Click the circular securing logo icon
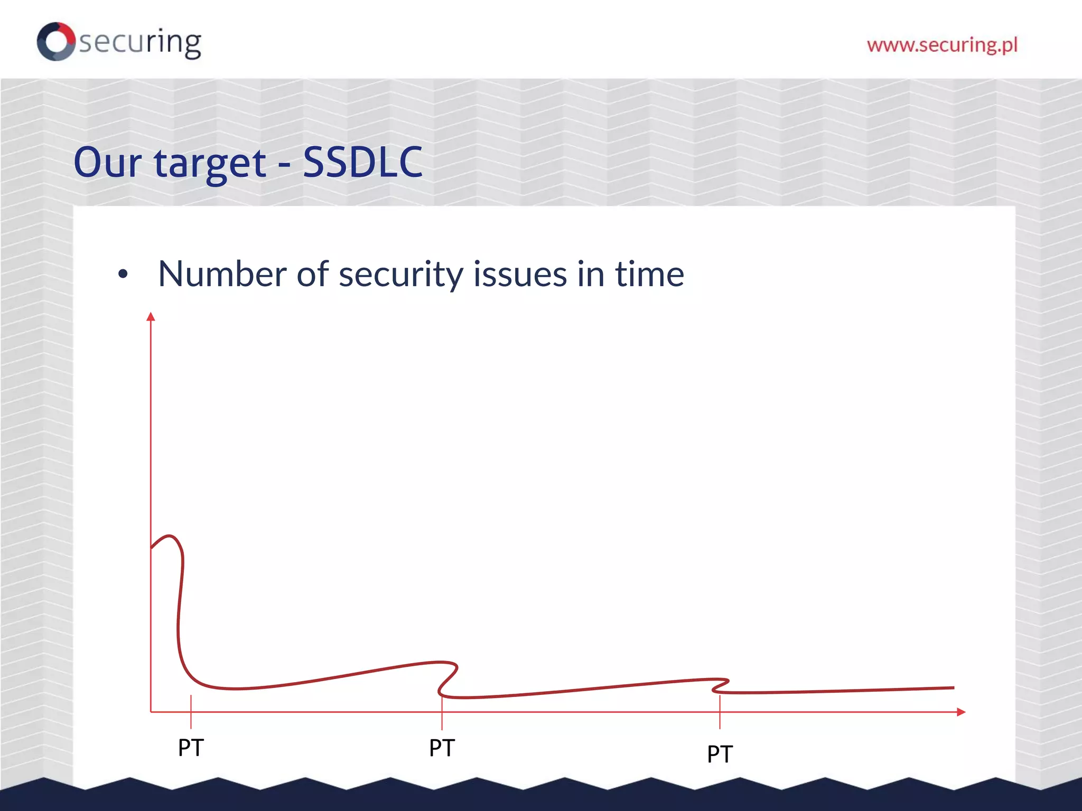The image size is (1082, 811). coord(56,41)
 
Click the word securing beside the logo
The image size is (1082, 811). coord(140,42)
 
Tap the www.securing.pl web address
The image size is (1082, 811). coord(942,45)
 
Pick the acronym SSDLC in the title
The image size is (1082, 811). coord(362,162)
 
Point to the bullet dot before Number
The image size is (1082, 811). coord(123,274)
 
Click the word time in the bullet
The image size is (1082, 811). coord(649,274)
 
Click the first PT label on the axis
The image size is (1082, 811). coord(191,748)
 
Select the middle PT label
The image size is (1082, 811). coord(442,748)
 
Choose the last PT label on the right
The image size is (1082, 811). coord(720,754)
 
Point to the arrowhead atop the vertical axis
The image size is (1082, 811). coord(151,316)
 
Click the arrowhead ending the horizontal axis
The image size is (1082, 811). coord(961,712)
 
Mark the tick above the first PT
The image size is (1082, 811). coord(191,711)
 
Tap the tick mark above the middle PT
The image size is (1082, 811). coord(442,712)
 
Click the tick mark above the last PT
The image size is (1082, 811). coord(720,712)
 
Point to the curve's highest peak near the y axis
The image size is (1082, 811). coord(170,536)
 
